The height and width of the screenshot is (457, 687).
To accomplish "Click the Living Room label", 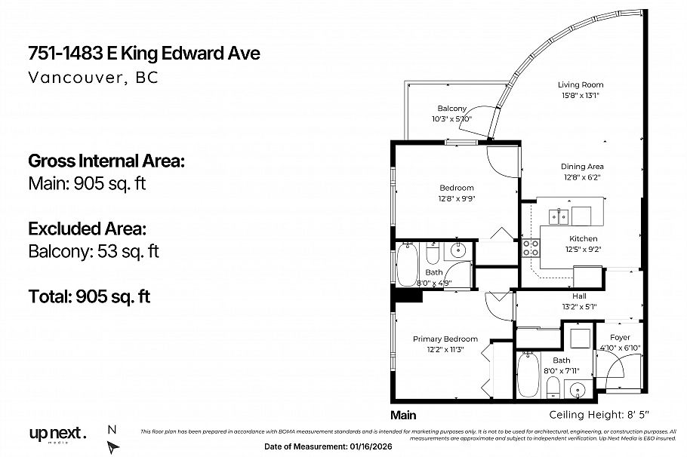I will click(581, 85).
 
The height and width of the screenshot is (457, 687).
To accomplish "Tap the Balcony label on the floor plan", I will click(451, 109).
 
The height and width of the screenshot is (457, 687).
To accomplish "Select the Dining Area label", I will click(581, 167).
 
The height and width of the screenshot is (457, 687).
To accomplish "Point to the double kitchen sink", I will click(559, 216).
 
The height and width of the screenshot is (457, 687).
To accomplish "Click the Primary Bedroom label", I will click(445, 339).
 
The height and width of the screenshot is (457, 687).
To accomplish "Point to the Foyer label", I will click(620, 337).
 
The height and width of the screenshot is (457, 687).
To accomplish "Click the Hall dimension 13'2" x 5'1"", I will click(579, 306).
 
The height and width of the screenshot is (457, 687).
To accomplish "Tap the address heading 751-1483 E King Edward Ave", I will click(143, 54).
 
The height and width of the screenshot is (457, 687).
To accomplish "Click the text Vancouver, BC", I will click(93, 78).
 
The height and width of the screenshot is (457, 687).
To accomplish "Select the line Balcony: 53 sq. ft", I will click(94, 251).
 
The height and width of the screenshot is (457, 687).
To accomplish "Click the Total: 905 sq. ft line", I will click(89, 296).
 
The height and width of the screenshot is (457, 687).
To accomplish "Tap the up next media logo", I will click(57, 435).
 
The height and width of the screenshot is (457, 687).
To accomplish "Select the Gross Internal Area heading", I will click(106, 161).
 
